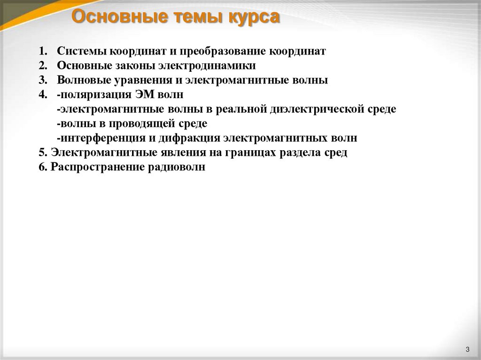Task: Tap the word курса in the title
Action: [254, 17]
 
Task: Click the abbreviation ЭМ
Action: [144, 95]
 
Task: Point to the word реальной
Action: [241, 109]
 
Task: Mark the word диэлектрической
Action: [318, 109]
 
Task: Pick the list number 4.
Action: [43, 95]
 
